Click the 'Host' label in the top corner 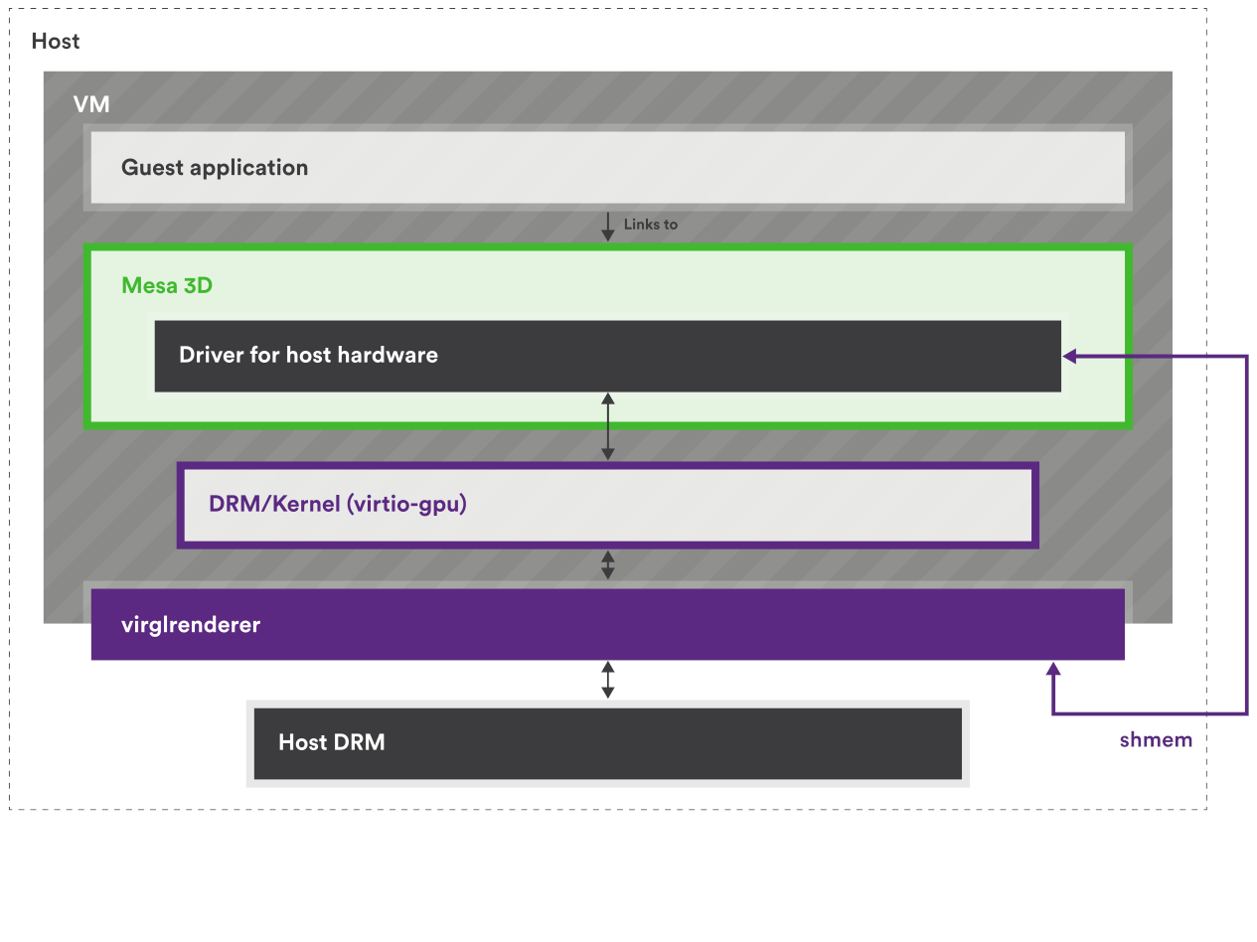click(56, 42)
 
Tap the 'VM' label click(91, 104)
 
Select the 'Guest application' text click(215, 168)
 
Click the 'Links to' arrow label click(650, 225)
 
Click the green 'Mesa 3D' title click(167, 286)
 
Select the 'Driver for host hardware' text click(308, 356)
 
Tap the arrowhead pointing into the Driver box click(1070, 356)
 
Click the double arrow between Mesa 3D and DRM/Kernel click(608, 426)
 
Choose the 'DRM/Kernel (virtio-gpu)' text click(338, 504)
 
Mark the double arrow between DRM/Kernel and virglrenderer click(608, 565)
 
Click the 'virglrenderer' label click(191, 625)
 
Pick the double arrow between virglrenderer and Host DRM click(608, 680)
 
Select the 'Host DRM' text click(331, 742)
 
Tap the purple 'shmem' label click(1156, 740)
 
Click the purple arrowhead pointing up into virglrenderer click(1053, 671)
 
